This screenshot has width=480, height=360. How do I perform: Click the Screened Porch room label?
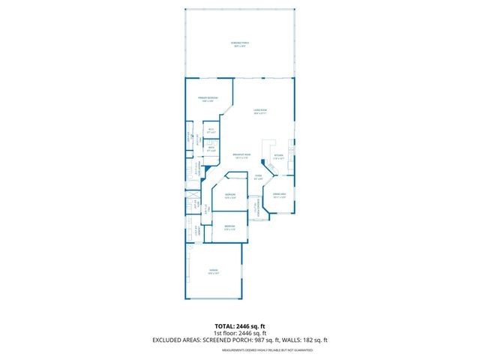(240, 44)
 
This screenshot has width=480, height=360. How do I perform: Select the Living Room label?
(260, 111)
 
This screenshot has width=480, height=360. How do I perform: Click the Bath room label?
(211, 148)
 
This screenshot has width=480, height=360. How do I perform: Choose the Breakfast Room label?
(241, 156)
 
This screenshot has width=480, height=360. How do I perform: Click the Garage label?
(214, 271)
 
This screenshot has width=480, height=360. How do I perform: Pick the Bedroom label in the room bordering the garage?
(229, 227)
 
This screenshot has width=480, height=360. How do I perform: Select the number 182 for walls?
(308, 340)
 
